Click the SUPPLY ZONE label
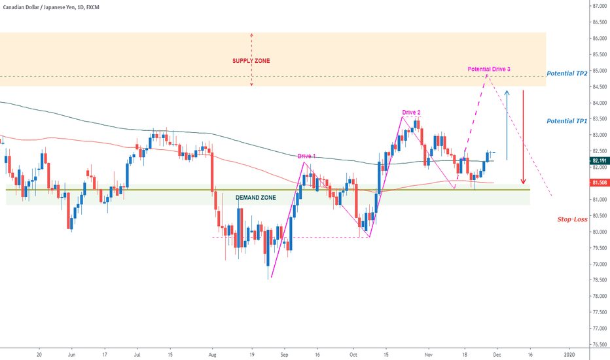tap(251, 61)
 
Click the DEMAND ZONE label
tap(255, 197)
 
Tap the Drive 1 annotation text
tap(306, 156)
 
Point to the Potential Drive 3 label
tap(488, 69)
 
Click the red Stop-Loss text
tap(572, 219)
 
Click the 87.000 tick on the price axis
tap(598, 6)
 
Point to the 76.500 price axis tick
tap(598, 344)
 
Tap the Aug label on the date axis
tap(211, 353)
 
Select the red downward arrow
tap(523, 137)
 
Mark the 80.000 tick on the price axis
tap(598, 232)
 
